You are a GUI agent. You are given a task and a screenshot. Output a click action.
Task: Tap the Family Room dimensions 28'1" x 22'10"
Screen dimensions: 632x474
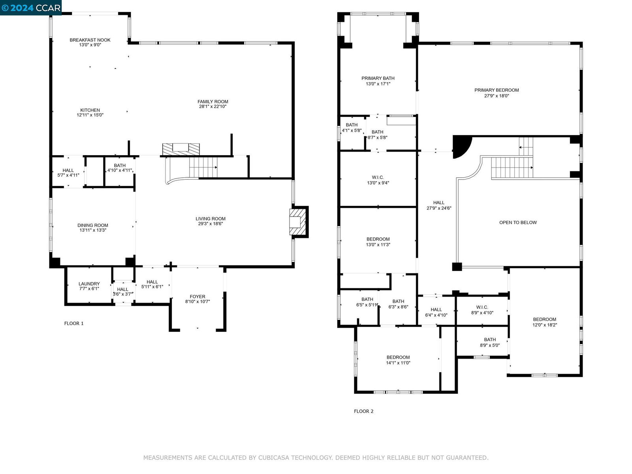click(x=213, y=107)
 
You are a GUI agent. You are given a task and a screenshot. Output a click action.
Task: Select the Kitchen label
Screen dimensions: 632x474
click(x=90, y=110)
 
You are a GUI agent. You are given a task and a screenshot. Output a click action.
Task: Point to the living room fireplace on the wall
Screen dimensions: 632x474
click(x=299, y=222)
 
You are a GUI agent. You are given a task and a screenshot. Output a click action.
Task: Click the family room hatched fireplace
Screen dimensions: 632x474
click(x=181, y=149)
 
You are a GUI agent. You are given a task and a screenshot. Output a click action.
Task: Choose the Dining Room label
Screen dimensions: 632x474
click(x=93, y=225)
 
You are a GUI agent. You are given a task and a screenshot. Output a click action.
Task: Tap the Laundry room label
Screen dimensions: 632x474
click(x=89, y=284)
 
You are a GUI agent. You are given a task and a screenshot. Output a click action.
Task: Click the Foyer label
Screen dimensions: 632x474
click(x=197, y=296)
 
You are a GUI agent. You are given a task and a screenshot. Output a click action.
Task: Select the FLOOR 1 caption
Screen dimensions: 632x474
click(x=74, y=324)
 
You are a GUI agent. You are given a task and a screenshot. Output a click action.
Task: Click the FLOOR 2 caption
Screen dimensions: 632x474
click(x=364, y=411)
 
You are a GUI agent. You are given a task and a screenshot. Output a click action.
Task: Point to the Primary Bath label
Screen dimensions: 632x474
click(x=378, y=78)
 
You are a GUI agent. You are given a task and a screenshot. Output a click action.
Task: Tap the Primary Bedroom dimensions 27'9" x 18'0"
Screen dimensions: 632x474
click(x=497, y=96)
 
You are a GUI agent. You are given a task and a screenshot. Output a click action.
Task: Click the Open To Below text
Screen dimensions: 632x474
click(x=518, y=222)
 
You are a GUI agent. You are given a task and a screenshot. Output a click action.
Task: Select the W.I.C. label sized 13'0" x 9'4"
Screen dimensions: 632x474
click(x=378, y=177)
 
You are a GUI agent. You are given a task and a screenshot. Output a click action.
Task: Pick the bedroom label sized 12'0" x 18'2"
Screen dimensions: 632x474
click(x=544, y=320)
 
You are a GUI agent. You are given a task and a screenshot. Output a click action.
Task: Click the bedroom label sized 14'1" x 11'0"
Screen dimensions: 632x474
click(x=398, y=357)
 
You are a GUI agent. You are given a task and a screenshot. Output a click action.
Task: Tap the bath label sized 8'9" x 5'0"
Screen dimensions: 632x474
click(x=490, y=340)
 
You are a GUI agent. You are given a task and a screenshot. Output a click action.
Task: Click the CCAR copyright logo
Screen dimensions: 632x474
click(x=31, y=8)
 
